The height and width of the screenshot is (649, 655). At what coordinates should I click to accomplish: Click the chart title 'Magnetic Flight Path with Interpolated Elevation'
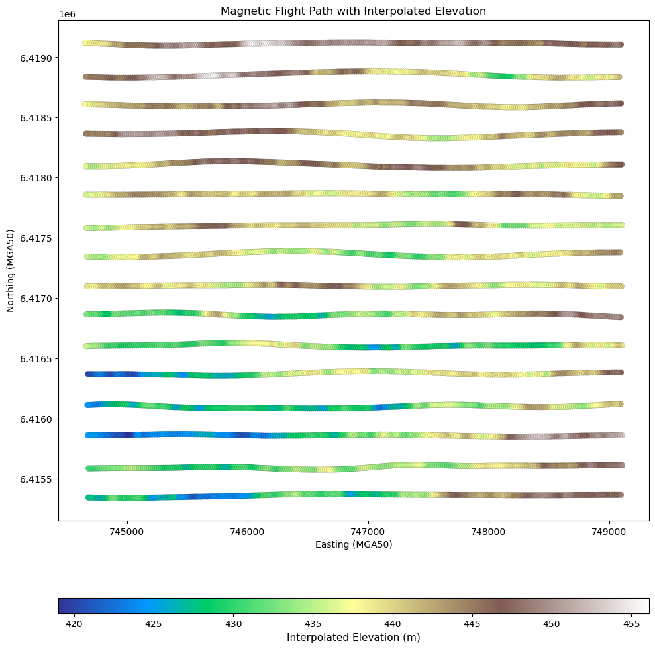pyautogui.click(x=354, y=11)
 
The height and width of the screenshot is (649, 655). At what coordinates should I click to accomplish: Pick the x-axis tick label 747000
pyautogui.click(x=368, y=532)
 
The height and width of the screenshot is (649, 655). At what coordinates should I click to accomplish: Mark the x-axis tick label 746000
pyautogui.click(x=248, y=532)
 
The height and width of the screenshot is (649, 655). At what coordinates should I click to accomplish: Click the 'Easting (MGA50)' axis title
pyautogui.click(x=354, y=544)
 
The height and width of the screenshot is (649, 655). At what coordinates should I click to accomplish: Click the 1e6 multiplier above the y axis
pyautogui.click(x=67, y=14)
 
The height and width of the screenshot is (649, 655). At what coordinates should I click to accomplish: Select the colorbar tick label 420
pyautogui.click(x=74, y=624)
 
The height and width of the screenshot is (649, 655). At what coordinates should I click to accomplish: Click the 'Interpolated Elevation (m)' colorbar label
pyautogui.click(x=354, y=637)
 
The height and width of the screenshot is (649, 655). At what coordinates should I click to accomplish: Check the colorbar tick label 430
pyautogui.click(x=234, y=624)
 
